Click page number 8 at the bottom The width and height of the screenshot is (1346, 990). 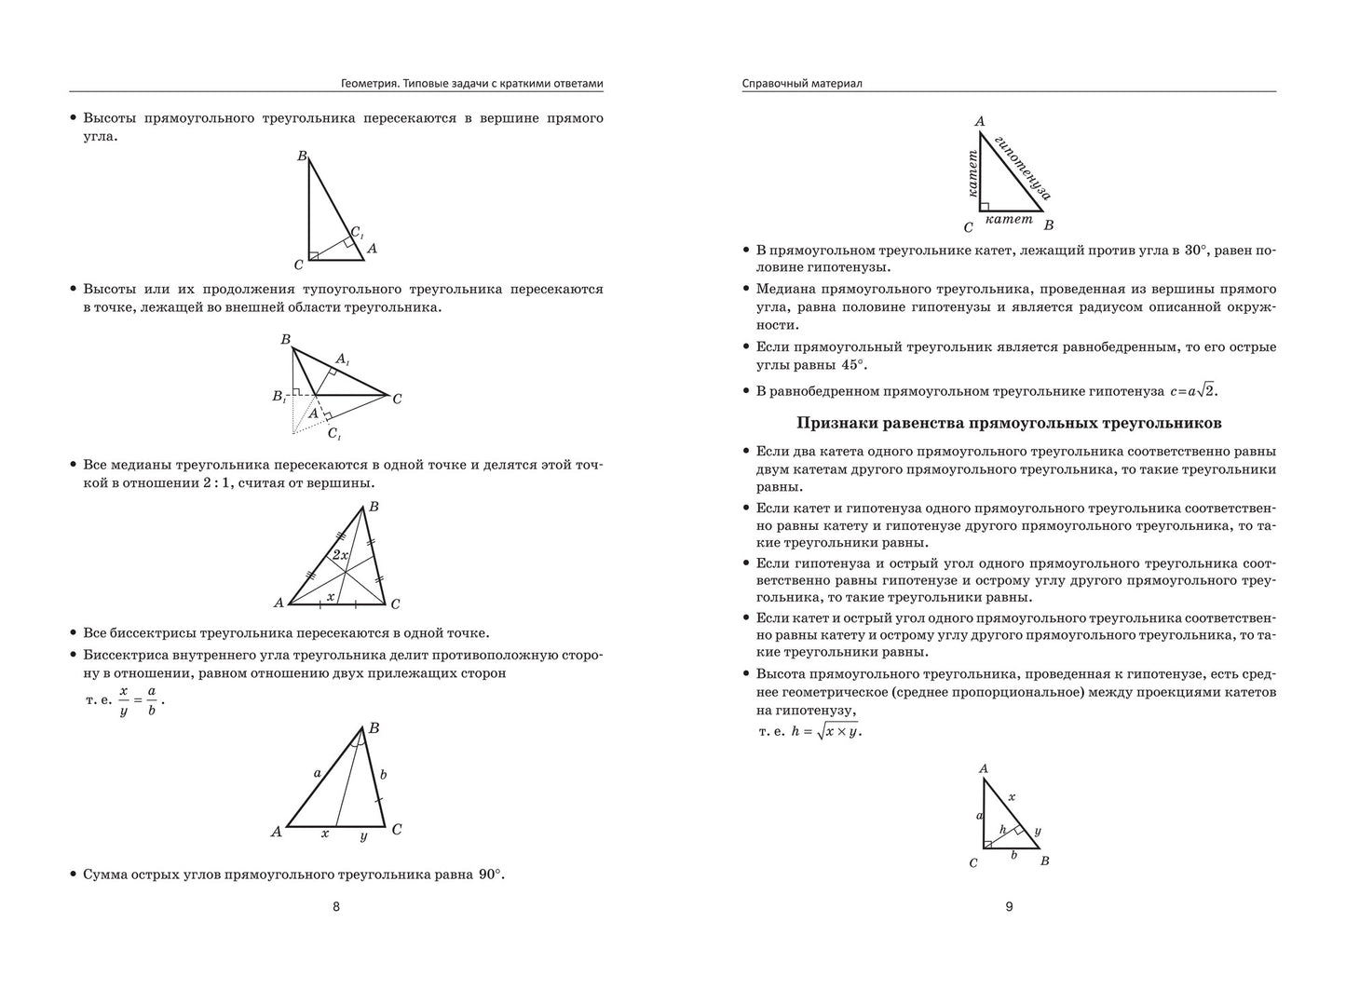point(336,907)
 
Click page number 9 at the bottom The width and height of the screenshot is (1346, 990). point(1009,907)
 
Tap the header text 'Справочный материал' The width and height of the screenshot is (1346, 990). point(802,84)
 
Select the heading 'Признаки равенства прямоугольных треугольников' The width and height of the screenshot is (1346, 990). point(1009,423)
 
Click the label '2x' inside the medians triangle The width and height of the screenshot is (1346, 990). point(341,555)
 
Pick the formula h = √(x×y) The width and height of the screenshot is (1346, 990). point(826,732)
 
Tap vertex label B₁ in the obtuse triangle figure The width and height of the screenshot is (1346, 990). point(279,396)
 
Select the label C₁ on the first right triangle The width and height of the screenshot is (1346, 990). point(357,233)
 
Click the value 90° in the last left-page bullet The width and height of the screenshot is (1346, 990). point(490,875)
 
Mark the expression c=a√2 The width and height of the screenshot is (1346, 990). point(1193,392)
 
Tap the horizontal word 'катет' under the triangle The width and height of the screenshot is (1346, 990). point(1009,220)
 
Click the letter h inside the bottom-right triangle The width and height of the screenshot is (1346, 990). point(1003,829)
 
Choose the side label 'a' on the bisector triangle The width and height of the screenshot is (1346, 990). point(317,772)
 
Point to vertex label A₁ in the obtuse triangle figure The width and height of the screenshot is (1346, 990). point(342,359)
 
